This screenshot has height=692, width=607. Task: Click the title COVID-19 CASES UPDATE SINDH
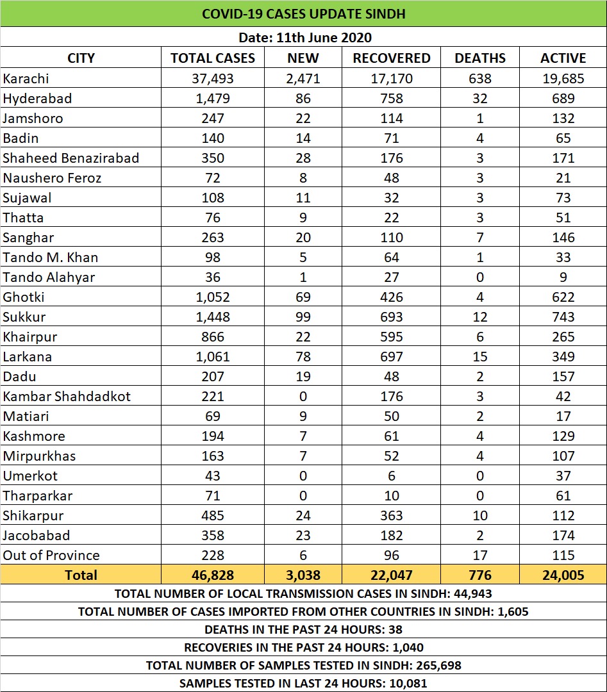(303, 13)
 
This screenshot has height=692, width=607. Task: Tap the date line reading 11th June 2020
(303, 37)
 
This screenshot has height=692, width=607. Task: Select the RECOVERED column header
(391, 58)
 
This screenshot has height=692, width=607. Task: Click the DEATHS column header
(480, 58)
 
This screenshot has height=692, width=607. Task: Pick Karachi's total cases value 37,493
(213, 79)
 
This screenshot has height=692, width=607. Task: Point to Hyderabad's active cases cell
(563, 99)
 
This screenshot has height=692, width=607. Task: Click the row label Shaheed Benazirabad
(71, 158)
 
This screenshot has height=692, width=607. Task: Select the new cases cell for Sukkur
(303, 317)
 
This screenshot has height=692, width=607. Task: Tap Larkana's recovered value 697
(391, 357)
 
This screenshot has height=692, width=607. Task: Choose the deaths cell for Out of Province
(480, 556)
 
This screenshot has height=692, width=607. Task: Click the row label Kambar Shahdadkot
(67, 397)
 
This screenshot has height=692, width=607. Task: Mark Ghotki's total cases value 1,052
(213, 297)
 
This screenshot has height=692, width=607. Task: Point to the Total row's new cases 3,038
(303, 575)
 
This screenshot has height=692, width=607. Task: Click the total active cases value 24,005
(563, 575)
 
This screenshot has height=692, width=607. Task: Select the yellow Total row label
(81, 575)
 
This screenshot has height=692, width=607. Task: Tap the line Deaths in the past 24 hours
(303, 629)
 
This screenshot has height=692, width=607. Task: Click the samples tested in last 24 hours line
(303, 683)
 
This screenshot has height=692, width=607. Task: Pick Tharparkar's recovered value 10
(391, 496)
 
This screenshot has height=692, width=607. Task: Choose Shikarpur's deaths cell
(480, 516)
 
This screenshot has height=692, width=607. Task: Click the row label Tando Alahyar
(49, 277)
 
